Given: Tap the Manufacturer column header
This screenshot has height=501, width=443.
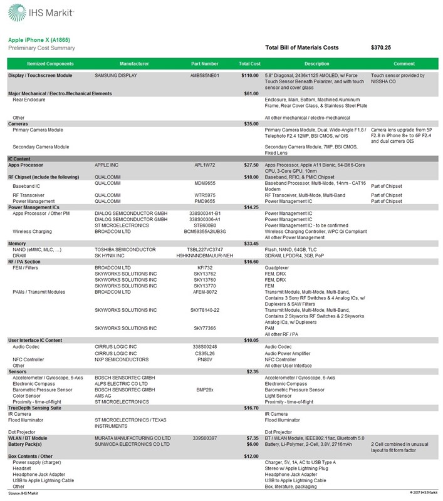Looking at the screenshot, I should click(133, 63).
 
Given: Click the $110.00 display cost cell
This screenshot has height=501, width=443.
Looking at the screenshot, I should click(250, 76).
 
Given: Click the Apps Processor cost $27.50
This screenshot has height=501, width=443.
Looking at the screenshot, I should click(251, 165).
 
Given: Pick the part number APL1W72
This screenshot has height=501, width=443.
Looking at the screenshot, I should click(206, 165).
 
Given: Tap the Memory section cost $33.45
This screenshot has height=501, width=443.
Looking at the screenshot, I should click(251, 243).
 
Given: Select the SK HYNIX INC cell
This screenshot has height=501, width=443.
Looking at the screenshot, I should click(113, 255).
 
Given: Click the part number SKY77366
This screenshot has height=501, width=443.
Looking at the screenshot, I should click(206, 327).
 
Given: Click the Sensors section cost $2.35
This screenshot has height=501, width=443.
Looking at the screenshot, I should click(252, 371).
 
